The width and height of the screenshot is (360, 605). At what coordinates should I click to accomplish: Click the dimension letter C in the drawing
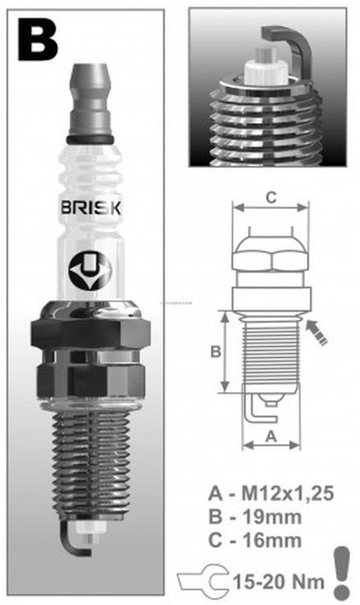tap(269, 197)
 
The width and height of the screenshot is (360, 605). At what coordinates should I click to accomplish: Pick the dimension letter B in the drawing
tap(215, 352)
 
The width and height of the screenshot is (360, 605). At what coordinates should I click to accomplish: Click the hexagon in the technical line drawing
tap(270, 257)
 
